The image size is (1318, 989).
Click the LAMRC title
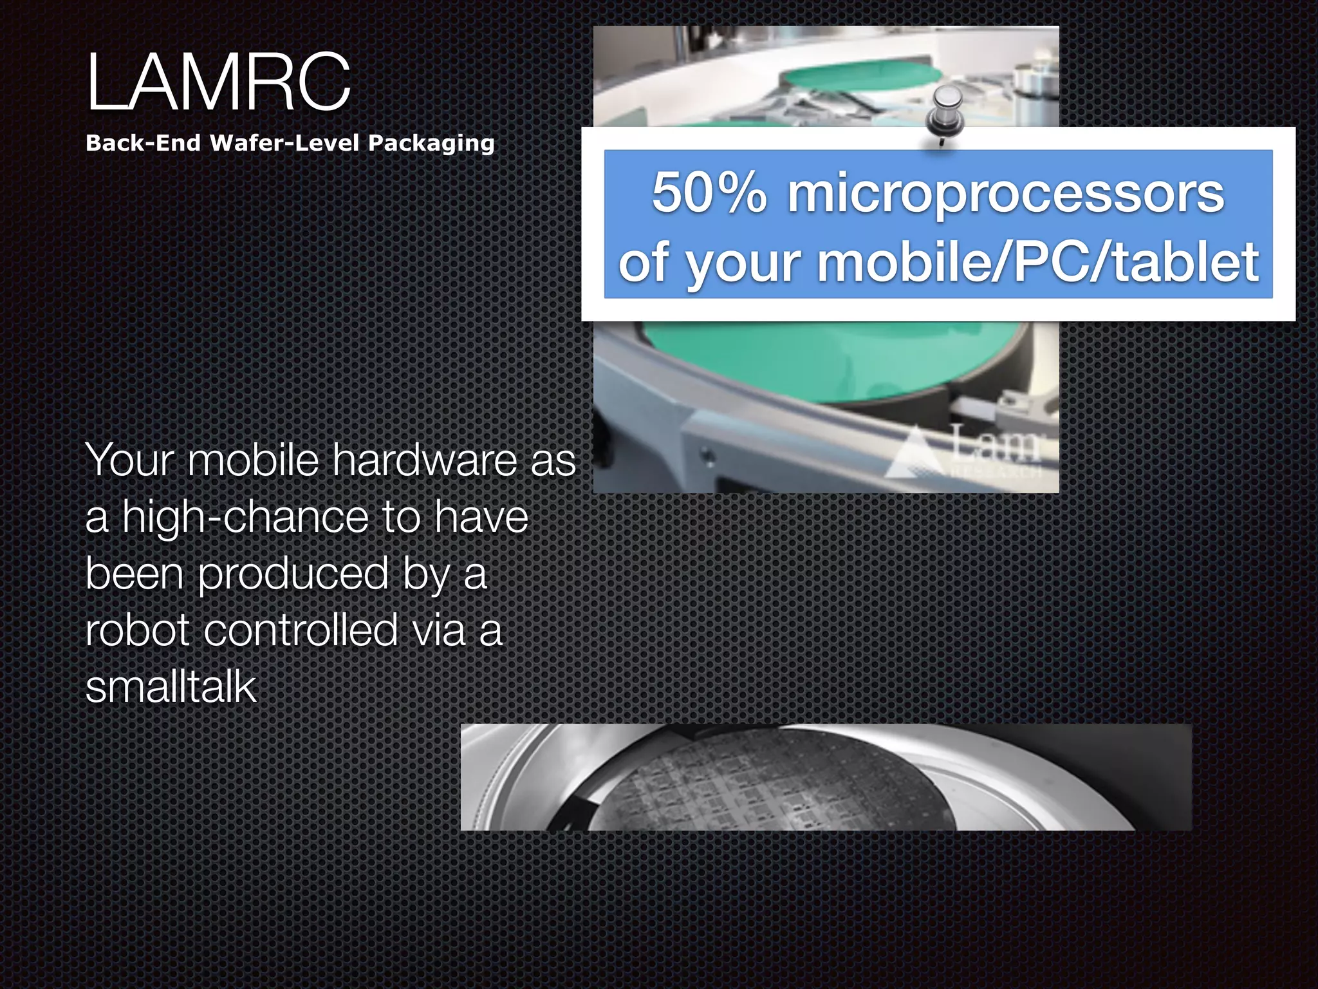coord(219,82)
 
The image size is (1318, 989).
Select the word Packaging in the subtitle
coord(431,143)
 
